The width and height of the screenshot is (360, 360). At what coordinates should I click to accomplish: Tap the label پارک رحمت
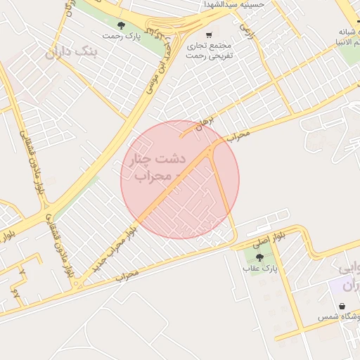[121, 36]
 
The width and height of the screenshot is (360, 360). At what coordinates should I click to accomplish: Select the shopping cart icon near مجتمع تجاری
[209, 35]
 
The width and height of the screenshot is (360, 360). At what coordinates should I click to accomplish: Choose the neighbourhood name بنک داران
[73, 52]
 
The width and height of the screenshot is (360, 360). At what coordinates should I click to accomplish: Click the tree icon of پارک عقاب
[261, 257]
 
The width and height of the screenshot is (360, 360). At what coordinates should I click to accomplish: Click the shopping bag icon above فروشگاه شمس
[342, 307]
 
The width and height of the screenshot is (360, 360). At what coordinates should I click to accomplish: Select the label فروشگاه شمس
[337, 319]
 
